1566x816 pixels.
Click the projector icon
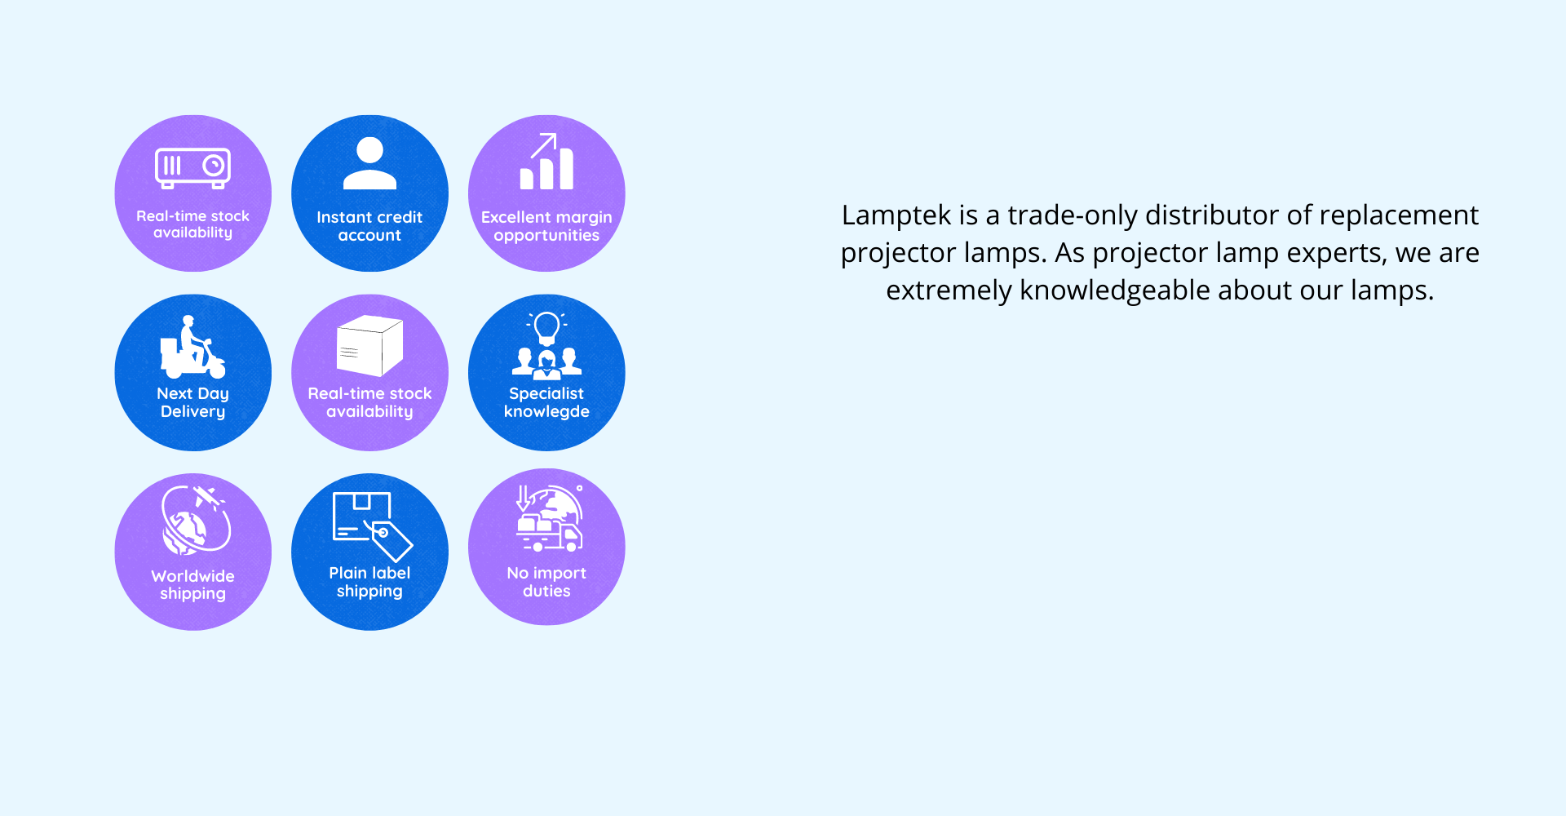192,168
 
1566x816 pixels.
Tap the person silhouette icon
369,163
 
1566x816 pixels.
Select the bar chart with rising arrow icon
546,162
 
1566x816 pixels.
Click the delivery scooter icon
192,347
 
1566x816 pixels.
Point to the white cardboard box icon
369,345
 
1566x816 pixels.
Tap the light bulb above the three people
546,328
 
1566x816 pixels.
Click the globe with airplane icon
194,520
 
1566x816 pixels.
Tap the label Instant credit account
369,226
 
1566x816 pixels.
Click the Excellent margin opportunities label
546,226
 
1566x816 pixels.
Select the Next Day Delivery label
192,402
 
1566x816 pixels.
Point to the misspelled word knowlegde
546,412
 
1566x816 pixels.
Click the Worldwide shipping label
192,584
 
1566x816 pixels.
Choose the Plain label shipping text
369,582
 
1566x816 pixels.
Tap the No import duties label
546,582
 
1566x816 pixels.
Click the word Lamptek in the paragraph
896,215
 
